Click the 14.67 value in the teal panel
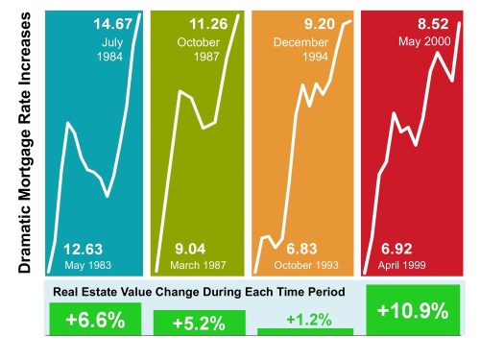click(112, 23)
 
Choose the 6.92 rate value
click(401, 248)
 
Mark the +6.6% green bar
click(94, 320)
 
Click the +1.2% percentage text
click(307, 318)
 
